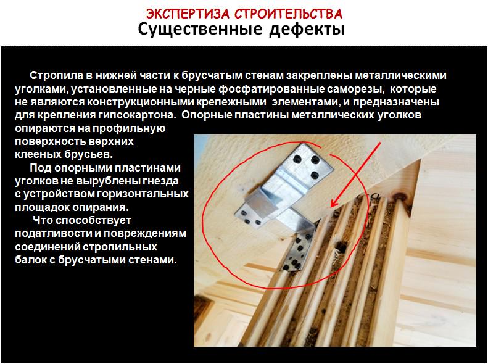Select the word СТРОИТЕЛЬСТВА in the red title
[288, 14]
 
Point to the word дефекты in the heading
[307, 30]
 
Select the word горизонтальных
[143, 194]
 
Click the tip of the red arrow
[331, 207]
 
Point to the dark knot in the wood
[399, 197]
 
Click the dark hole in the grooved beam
[340, 247]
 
